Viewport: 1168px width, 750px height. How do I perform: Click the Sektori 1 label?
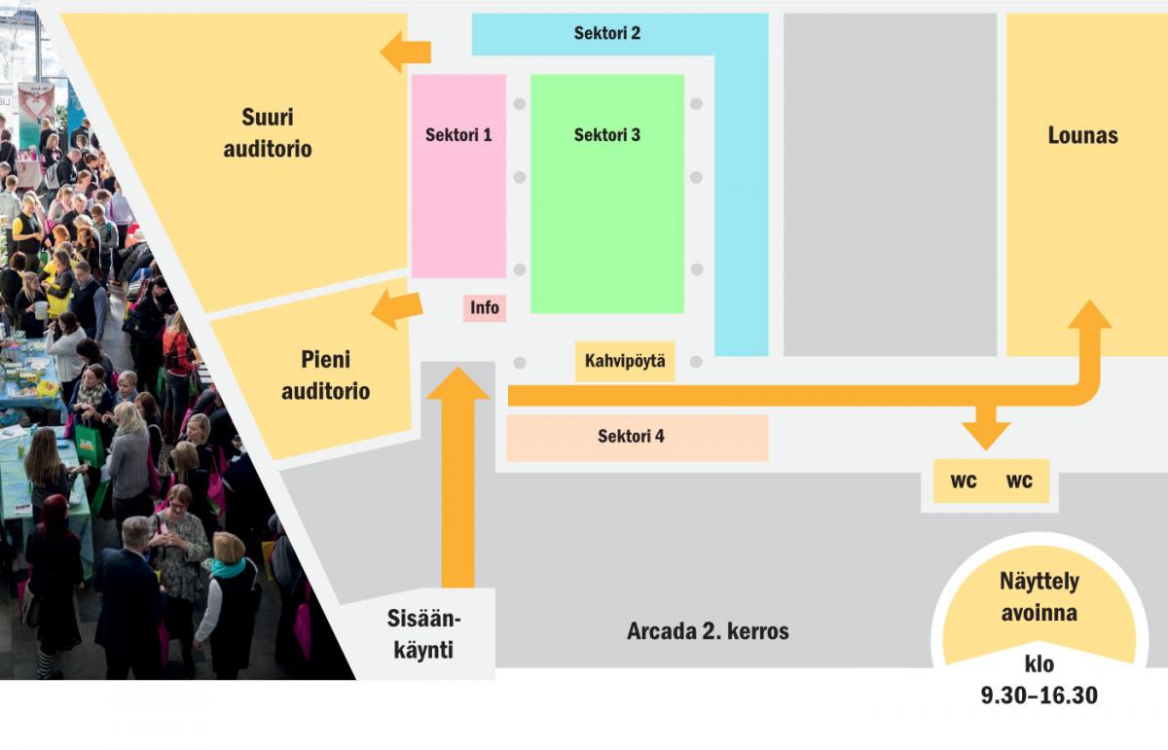coord(458,135)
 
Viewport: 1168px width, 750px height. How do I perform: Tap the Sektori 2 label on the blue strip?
coord(607,33)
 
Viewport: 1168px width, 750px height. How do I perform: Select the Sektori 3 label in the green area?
coord(607,135)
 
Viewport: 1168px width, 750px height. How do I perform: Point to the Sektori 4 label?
coord(631,436)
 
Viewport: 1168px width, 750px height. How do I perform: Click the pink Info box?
coord(485,307)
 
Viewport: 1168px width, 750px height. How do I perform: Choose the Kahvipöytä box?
coord(625,361)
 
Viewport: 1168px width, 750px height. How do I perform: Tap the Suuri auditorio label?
coord(268,133)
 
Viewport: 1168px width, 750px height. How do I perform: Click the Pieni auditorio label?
coord(325,375)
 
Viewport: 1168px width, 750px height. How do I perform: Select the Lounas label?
coord(1083,135)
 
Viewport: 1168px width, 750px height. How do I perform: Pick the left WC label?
coord(963,482)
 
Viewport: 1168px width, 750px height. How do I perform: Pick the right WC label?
coord(1019,482)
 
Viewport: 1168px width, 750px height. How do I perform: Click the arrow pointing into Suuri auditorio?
coord(406,52)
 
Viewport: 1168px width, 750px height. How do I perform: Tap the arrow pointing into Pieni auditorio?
coord(397,309)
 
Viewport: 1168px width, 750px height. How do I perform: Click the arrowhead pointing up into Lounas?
coord(1089,314)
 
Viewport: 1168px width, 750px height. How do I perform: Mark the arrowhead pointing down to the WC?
coord(985,436)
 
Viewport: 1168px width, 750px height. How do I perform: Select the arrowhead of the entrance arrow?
coord(457,383)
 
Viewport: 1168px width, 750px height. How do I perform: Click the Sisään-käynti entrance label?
coord(423,634)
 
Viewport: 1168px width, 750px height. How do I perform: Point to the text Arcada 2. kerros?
coord(708,631)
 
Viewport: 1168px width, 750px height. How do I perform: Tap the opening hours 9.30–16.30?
coord(1040,696)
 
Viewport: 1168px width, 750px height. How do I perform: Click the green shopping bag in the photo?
coord(91,443)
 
